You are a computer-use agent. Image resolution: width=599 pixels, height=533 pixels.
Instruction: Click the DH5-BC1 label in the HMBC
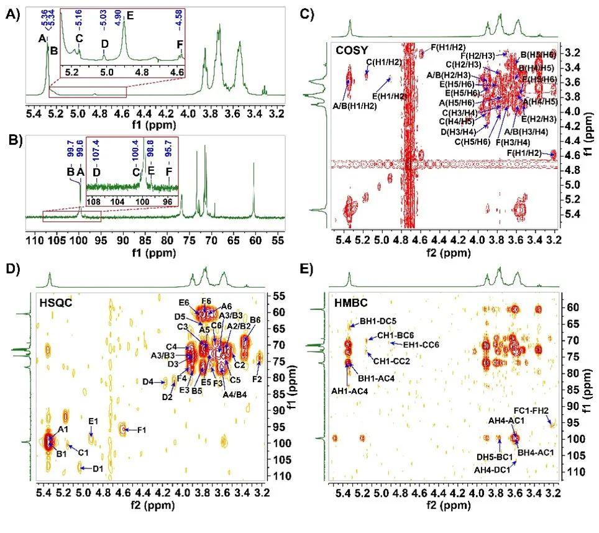494,457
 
